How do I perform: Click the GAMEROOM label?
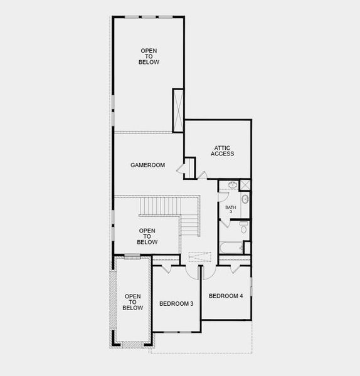coord(147,165)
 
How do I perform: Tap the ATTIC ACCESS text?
coord(222,150)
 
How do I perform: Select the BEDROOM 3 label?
coord(176,304)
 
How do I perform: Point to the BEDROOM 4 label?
coord(226,296)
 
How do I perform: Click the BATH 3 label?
coord(230,209)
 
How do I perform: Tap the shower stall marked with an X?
coord(245,185)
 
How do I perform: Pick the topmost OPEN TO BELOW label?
coord(149,56)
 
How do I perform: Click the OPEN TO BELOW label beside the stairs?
coord(147,236)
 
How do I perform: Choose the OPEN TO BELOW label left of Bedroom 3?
coord(133,302)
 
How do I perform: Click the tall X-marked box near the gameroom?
coord(178,110)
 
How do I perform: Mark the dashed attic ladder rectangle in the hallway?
coord(200,257)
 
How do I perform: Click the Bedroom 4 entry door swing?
coord(208,271)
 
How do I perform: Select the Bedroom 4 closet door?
coord(236,268)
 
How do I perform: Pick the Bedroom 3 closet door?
coord(165,269)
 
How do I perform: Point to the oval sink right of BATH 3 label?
coord(245,199)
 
